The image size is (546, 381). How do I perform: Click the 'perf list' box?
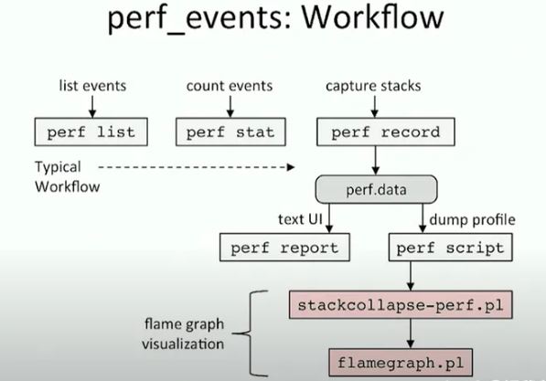91,132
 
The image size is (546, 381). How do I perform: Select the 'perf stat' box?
230,132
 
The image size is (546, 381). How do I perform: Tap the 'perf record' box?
385,132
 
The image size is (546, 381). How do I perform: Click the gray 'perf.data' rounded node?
376,190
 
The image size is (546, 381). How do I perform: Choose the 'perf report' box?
284,248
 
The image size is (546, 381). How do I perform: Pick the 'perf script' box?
450,248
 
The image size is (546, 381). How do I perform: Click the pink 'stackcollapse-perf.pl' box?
401,305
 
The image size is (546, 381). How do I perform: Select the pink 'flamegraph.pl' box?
401,363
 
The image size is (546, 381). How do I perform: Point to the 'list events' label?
92,86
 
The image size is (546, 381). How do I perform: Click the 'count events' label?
230,86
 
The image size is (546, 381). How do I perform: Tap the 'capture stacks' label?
373,86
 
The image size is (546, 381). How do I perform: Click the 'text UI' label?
300,219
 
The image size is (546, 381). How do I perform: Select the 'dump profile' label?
472,220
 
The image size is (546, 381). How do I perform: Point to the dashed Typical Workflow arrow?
197,167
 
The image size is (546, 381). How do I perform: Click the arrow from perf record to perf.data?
375,161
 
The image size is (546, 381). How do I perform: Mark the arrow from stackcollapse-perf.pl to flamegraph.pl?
411,333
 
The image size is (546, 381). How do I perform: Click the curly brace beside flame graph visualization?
250,333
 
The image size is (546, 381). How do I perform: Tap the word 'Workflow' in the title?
372,17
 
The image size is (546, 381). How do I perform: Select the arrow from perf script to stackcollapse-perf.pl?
411,276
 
